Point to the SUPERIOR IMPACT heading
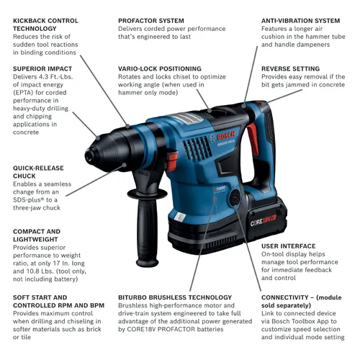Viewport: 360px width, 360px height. pos(42,69)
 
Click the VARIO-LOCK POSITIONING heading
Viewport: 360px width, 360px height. pos(160,69)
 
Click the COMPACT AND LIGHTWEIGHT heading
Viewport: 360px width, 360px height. pos(37,235)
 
